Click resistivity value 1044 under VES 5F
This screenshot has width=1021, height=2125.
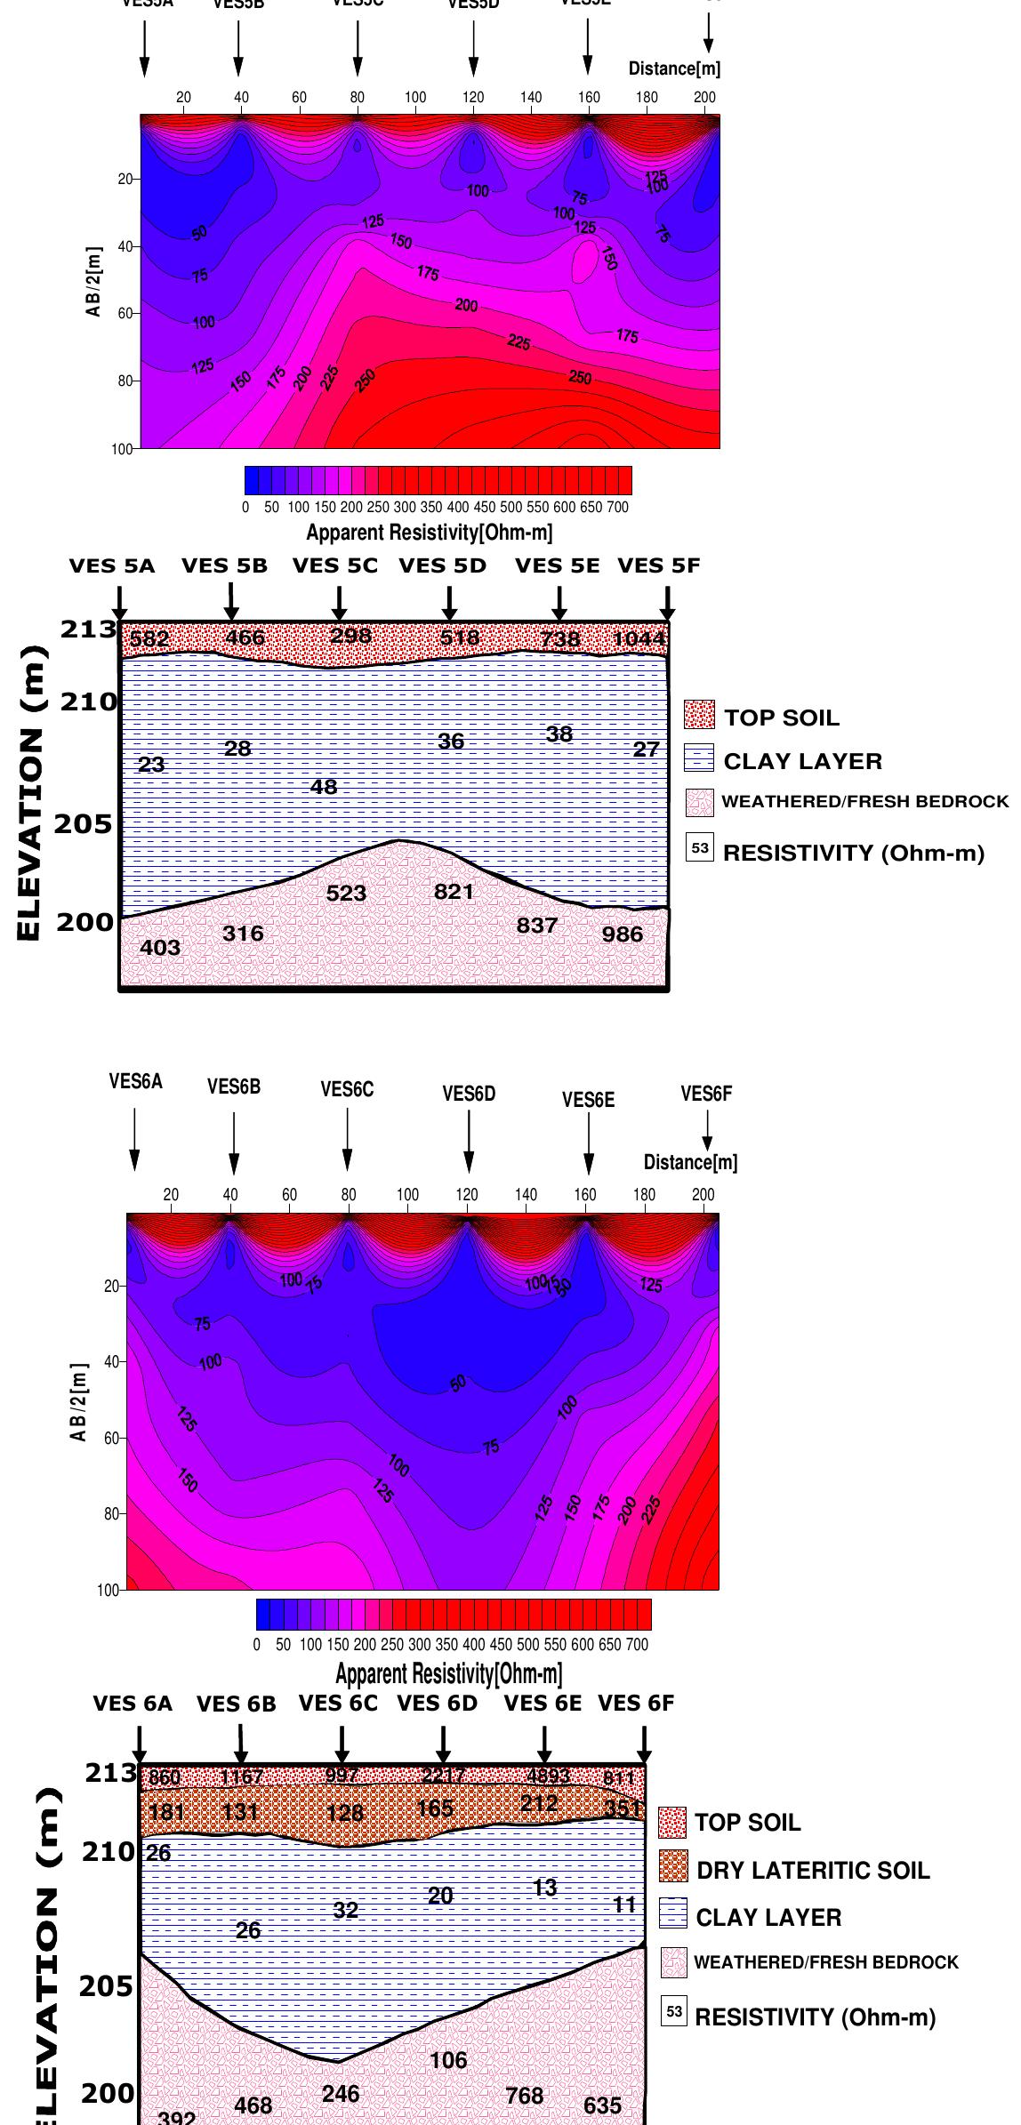click(x=639, y=638)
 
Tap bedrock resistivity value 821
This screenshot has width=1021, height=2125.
click(x=454, y=891)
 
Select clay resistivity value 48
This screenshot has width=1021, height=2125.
click(x=324, y=787)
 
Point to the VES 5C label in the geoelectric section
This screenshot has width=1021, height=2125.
click(x=335, y=566)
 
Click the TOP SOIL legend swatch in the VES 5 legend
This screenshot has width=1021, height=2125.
click(x=699, y=715)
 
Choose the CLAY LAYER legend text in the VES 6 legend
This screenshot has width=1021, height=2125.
click(x=768, y=1917)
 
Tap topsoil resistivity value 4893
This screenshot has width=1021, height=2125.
click(x=549, y=1776)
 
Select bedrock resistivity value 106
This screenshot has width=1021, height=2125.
click(x=448, y=2061)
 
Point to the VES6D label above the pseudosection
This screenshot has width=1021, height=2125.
click(x=469, y=1095)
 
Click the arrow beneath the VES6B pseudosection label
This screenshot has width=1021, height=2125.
click(x=234, y=1143)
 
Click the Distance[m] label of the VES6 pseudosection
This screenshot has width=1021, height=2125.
click(x=690, y=1162)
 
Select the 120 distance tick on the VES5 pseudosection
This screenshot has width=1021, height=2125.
click(x=473, y=98)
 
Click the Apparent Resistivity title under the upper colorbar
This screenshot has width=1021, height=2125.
click(x=430, y=533)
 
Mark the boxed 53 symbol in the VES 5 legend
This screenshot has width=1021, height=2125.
click(x=700, y=848)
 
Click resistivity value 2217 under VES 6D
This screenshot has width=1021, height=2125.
click(x=443, y=1776)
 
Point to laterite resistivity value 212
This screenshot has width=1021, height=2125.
click(x=539, y=1802)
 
